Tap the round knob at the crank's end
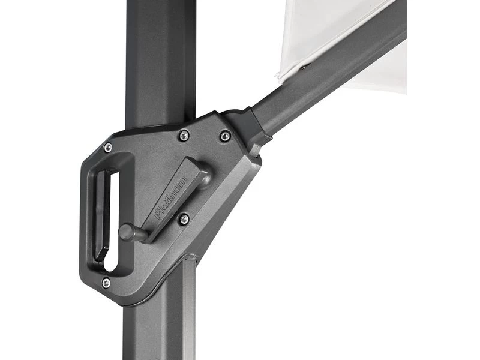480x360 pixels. [x=127, y=232]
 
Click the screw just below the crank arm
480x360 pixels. [x=184, y=219]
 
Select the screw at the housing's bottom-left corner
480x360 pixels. [x=106, y=282]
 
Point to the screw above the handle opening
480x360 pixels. [x=108, y=148]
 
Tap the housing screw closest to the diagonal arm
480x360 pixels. [x=225, y=136]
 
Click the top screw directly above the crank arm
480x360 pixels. [x=184, y=136]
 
